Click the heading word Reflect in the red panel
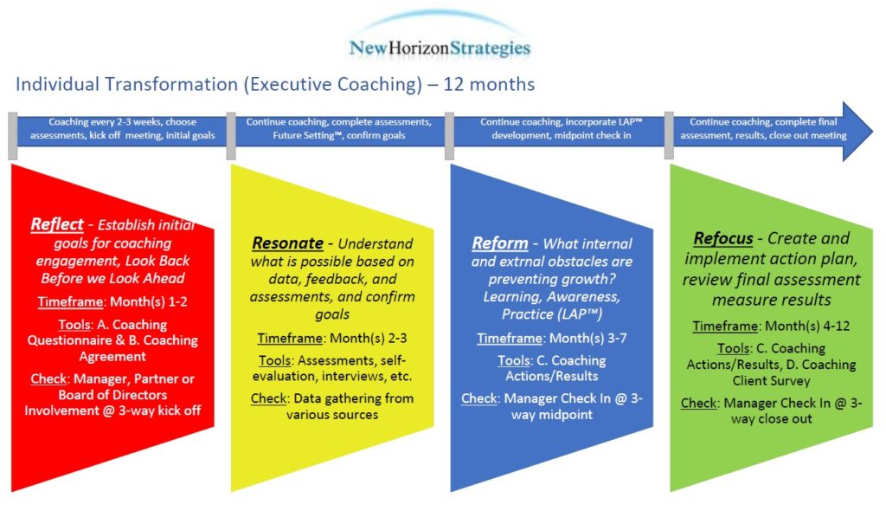click(57, 224)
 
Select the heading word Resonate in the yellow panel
click(287, 243)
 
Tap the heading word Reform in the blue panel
click(500, 243)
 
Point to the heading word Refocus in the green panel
click(723, 238)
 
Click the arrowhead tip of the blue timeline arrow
click(872, 132)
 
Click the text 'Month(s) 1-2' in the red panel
click(149, 301)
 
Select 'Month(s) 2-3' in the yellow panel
click(369, 339)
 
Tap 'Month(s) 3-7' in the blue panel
click(587, 339)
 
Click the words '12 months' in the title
click(489, 84)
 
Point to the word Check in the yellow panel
click(269, 398)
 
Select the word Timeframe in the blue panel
click(510, 339)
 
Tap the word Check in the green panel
click(699, 403)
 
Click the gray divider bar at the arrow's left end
click(12, 136)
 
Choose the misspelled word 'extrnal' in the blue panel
click(519, 262)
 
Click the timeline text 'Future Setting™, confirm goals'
click(339, 135)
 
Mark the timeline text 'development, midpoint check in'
click(561, 135)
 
